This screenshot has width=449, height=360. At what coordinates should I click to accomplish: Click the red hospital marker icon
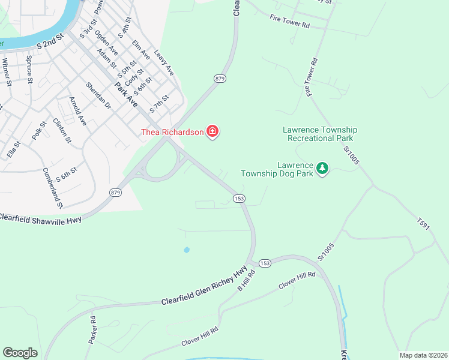[x=212, y=131]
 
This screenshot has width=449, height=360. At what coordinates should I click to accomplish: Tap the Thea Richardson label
[x=172, y=132]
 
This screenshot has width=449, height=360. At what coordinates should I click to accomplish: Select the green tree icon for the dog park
[x=323, y=168]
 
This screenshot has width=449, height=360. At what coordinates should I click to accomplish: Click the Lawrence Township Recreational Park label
[x=320, y=134]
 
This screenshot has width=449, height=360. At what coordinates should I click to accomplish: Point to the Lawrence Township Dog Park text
[x=278, y=169]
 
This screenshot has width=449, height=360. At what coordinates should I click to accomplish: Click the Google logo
[x=20, y=353]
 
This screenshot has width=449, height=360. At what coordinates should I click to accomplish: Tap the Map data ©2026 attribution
[x=423, y=355]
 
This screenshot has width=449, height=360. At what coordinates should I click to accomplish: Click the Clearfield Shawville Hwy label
[x=40, y=218]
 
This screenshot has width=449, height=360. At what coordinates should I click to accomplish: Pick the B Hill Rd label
[x=246, y=280]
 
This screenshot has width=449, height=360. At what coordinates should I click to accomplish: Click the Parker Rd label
[x=92, y=330]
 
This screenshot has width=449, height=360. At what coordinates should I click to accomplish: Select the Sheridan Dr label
[x=99, y=95]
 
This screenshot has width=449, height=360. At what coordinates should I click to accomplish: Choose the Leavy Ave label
[x=164, y=62]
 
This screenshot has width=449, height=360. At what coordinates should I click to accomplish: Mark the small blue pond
[x=187, y=250]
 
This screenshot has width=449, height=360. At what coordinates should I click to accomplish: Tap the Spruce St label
[x=29, y=69]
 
